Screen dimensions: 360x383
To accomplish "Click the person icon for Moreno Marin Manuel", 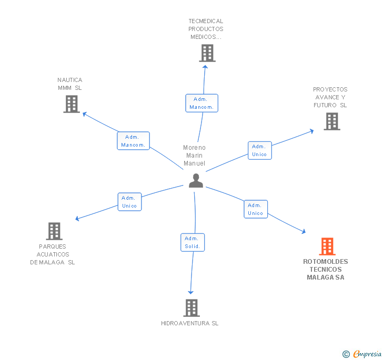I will click(x=196, y=180).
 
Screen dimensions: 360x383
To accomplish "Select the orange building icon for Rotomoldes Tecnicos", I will click(x=327, y=246).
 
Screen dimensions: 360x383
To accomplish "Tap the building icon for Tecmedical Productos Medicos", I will click(x=207, y=53).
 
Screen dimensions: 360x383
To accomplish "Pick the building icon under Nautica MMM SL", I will click(x=72, y=104).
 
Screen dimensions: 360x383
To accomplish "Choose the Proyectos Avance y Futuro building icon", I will click(x=331, y=121).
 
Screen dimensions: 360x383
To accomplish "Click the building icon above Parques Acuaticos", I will click(x=54, y=231).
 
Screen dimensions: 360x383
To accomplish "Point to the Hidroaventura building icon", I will click(x=191, y=308).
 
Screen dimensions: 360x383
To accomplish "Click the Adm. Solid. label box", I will click(x=192, y=242).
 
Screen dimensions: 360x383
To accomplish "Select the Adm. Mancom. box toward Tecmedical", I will click(x=201, y=103).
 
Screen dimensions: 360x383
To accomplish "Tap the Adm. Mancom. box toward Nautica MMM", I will click(x=133, y=141).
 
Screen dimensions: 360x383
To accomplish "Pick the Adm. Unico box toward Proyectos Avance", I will click(x=259, y=150).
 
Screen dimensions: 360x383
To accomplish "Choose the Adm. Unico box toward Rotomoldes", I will click(x=255, y=209).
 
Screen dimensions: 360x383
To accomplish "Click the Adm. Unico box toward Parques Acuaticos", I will click(x=129, y=202).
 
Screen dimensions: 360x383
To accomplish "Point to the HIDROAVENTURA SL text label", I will click(x=189, y=323).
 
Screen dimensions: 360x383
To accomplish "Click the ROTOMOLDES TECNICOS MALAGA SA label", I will click(x=326, y=270).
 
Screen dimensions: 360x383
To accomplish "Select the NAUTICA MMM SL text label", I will click(x=70, y=84).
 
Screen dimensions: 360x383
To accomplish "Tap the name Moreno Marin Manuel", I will click(x=195, y=156).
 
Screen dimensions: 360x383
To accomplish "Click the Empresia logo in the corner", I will click(x=367, y=354).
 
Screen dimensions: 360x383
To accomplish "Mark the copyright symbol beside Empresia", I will click(x=346, y=354).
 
